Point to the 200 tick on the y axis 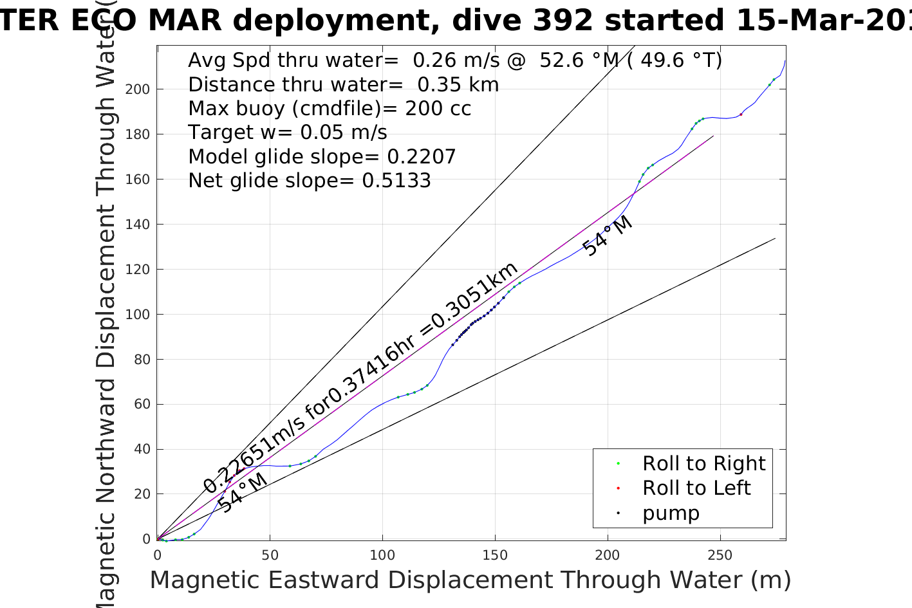pyautogui.click(x=137, y=89)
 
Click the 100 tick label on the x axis pyautogui.click(x=382, y=555)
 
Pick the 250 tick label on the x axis pyautogui.click(x=720, y=555)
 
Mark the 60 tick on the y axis pyautogui.click(x=142, y=405)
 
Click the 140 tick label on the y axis pyautogui.click(x=137, y=225)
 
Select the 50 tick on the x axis pyautogui.click(x=270, y=555)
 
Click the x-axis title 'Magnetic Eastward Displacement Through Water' pyautogui.click(x=470, y=580)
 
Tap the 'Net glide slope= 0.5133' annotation pyautogui.click(x=309, y=181)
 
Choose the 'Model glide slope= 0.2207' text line pyautogui.click(x=322, y=157)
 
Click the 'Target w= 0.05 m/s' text pyautogui.click(x=287, y=133)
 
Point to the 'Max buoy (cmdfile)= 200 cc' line pyautogui.click(x=330, y=109)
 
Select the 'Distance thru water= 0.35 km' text pyautogui.click(x=343, y=85)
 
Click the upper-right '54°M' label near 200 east pyautogui.click(x=607, y=236)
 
